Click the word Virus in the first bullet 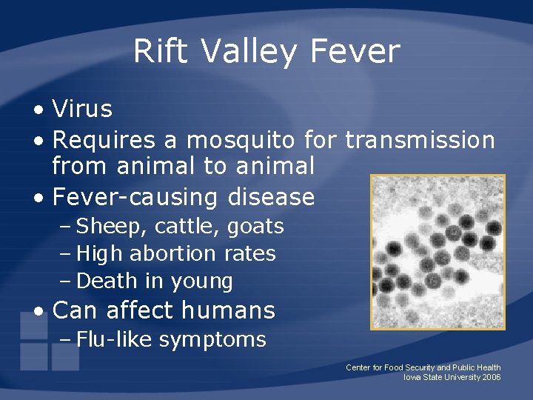[82, 110]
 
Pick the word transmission [420, 139]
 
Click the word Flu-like [114, 340]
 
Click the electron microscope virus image [438, 252]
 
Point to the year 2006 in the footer [491, 377]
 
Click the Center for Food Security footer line [423, 367]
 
